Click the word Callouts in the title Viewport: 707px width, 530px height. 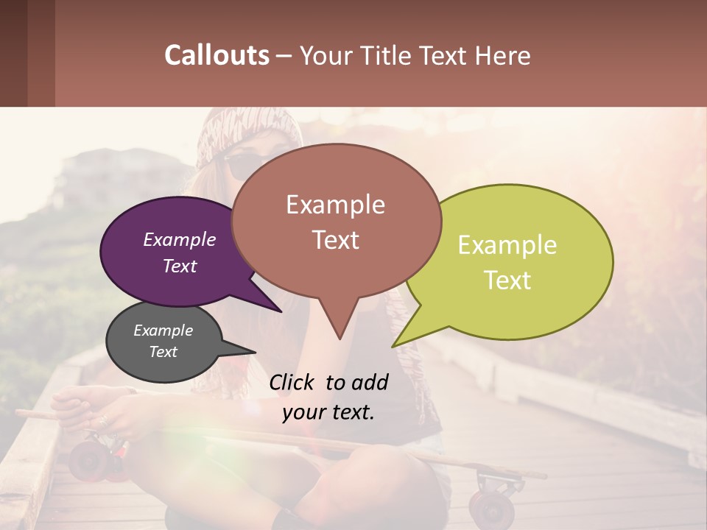click(x=217, y=55)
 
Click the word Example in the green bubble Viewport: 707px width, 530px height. click(x=507, y=245)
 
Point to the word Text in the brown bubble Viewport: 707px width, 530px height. click(x=336, y=240)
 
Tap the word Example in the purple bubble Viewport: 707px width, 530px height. click(x=180, y=240)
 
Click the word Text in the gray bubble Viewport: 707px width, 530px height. click(x=163, y=352)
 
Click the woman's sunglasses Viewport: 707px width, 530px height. click(x=239, y=166)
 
